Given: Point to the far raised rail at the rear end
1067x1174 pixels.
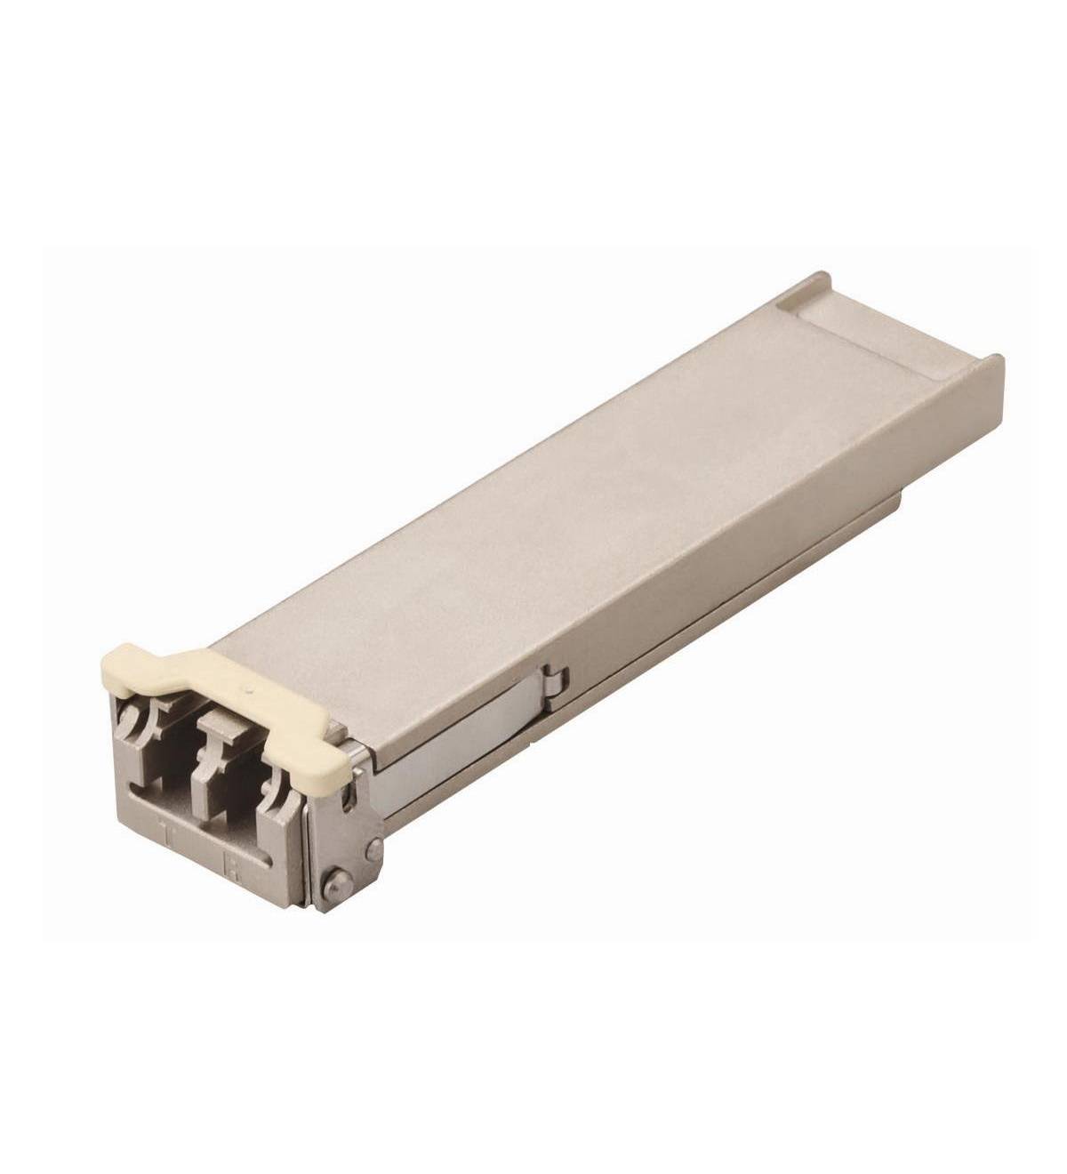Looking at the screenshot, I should coord(805,285).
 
